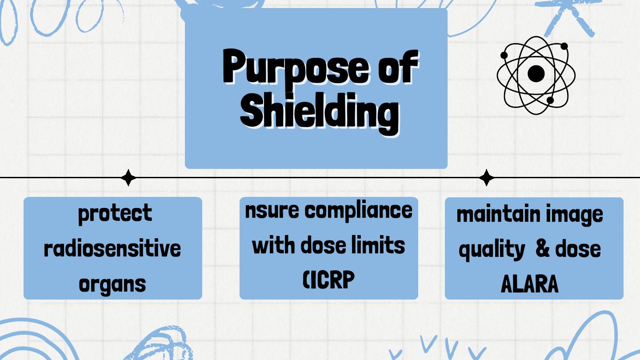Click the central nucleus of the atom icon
[536, 74]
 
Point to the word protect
[115, 213]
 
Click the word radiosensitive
[112, 248]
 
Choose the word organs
[112, 283]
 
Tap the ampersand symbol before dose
[542, 248]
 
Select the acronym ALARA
[529, 284]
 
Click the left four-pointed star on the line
[128, 178]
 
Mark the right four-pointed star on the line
[487, 178]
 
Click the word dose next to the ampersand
[578, 248]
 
